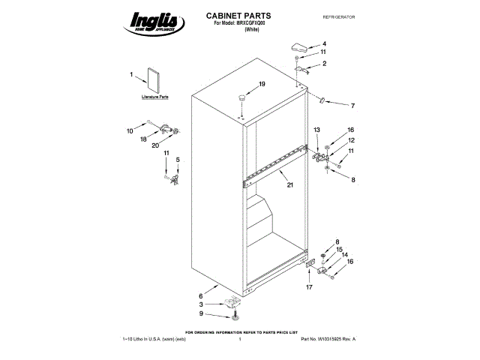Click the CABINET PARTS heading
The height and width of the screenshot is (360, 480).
(x=238, y=15)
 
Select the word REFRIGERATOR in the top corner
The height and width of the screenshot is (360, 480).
(x=338, y=16)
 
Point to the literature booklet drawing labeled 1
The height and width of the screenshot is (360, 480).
(x=156, y=81)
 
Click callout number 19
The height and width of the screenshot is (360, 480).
(x=262, y=84)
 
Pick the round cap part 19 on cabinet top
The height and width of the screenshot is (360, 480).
(x=243, y=97)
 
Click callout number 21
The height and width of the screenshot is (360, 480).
(x=290, y=177)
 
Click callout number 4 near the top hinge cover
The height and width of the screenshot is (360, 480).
(x=324, y=43)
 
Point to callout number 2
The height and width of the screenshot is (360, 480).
(x=324, y=64)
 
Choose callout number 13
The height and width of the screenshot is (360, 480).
(x=316, y=130)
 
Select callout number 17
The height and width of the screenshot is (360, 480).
(x=308, y=286)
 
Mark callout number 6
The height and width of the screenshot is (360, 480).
(x=200, y=296)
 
